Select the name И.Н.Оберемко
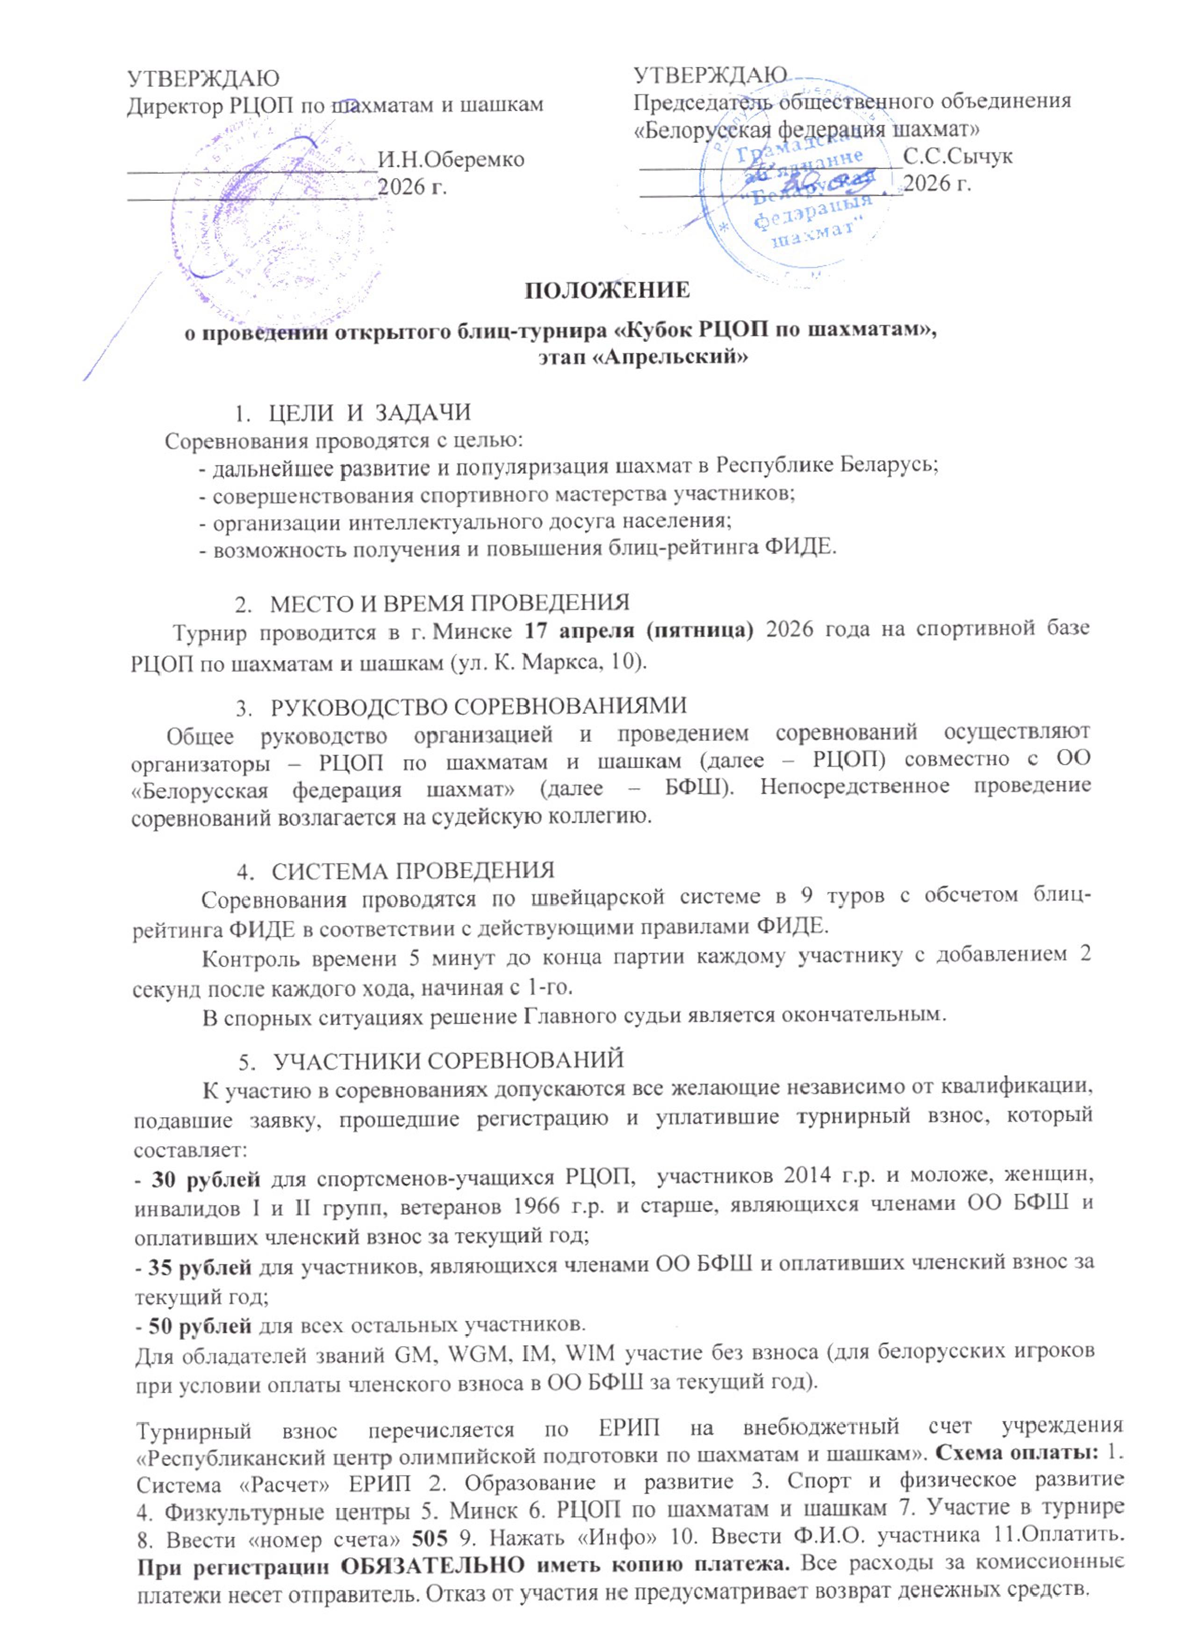coord(451,159)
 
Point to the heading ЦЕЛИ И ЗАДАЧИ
coord(369,413)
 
